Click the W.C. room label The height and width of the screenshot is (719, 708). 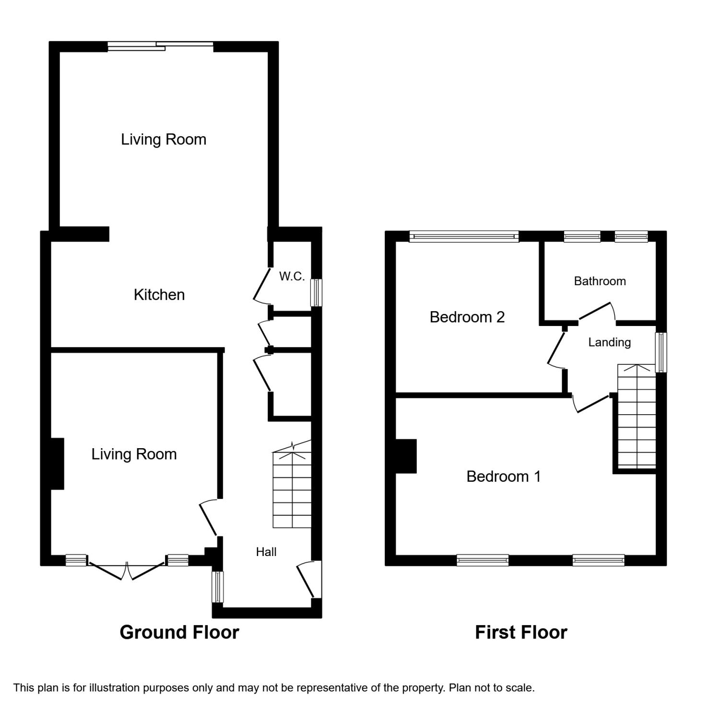point(292,276)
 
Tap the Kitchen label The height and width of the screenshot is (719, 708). point(159,294)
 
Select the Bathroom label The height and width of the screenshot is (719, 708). point(600,281)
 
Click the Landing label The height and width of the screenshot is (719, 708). point(609,342)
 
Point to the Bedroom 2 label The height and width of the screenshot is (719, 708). point(467,317)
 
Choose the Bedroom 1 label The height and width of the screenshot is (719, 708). point(503,476)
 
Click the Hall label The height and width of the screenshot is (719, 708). point(266,552)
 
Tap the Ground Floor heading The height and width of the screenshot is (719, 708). point(179,632)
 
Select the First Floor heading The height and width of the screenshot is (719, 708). point(521,632)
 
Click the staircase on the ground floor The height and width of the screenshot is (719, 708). point(292,489)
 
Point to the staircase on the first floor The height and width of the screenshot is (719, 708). point(636,417)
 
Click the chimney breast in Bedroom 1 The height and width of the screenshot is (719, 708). point(406,456)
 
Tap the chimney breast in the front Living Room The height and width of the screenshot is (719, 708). point(58,464)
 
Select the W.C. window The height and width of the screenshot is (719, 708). point(317,292)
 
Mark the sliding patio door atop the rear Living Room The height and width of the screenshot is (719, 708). point(161,46)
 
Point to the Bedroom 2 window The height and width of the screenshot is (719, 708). point(464,236)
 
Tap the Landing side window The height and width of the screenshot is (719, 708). point(661,352)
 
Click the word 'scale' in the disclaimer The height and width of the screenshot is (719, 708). point(521,688)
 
